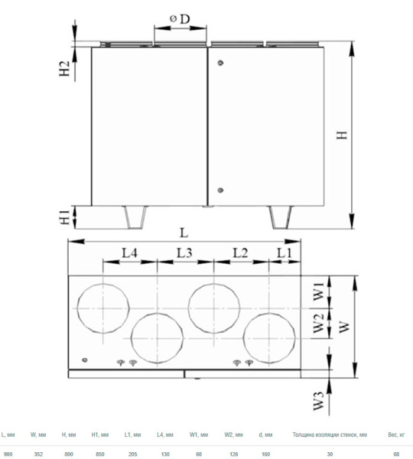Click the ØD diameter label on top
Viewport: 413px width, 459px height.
coord(180,18)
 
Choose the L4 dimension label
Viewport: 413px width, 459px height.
coord(128,252)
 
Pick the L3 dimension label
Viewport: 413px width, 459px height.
coord(184,252)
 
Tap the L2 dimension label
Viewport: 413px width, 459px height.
coord(240,252)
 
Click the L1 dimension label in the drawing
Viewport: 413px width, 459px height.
coord(284,252)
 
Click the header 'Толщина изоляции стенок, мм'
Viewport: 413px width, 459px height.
coord(330,435)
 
